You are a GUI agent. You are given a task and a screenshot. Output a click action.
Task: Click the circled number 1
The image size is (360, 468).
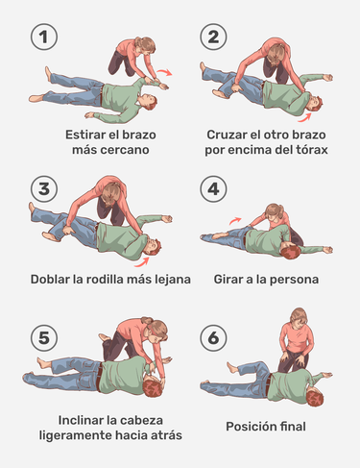coord(42,38)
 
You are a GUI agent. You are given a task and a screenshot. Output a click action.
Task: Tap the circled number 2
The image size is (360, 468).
coord(213,38)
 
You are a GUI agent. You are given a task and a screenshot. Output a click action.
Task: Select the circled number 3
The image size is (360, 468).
coord(42,187)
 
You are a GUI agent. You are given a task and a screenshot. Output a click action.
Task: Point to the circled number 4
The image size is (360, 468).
coord(213,187)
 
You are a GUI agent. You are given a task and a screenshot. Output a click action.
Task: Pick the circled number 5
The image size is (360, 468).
coord(42,337)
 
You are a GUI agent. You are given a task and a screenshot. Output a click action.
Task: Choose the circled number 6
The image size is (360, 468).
coord(213,337)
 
